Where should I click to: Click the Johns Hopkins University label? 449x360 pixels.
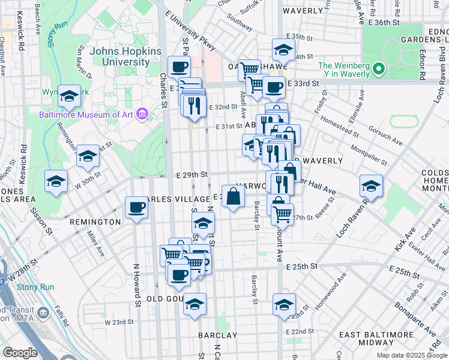pos(126,56)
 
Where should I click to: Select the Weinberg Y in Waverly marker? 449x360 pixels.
pos(378,70)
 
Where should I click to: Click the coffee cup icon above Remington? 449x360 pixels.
pos(136,208)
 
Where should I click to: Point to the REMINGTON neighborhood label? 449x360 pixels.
pos(96,222)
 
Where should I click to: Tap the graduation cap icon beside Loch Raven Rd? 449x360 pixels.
pos(371,186)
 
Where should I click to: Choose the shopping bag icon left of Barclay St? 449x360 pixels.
pos(233,196)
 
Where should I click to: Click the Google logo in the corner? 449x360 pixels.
pos(20,353)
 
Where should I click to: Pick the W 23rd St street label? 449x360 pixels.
pos(119,322)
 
